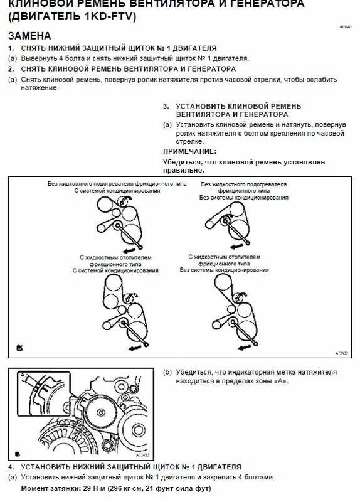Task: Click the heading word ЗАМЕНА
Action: click(x=29, y=36)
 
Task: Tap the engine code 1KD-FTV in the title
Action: click(x=109, y=16)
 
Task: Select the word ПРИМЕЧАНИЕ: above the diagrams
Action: click(x=190, y=151)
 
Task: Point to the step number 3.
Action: click(x=166, y=106)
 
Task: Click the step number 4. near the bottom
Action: click(x=11, y=467)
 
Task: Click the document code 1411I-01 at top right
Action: click(x=345, y=27)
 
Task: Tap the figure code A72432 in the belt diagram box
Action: click(x=342, y=353)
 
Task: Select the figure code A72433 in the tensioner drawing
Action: click(x=143, y=454)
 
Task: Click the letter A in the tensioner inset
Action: click(x=23, y=375)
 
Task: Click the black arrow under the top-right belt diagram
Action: click(x=236, y=246)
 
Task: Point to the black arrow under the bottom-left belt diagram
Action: click(x=134, y=348)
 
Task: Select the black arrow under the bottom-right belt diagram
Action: click(x=244, y=348)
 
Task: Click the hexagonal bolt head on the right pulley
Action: click(x=139, y=430)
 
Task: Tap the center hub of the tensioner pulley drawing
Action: click(x=101, y=413)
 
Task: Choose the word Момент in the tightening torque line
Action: click(x=34, y=489)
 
